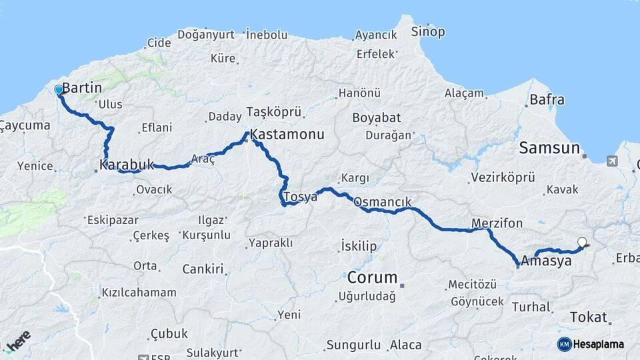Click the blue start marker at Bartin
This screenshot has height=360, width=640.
coord(59,89)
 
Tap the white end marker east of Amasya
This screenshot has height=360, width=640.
coord(582,243)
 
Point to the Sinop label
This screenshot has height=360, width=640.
coord(427,31)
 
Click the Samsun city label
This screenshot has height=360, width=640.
coord(549,148)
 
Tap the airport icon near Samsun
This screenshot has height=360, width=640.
coord(612,161)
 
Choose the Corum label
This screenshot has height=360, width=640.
coord(372,277)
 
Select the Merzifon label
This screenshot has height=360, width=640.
coord(497,223)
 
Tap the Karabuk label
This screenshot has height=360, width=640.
coord(127,164)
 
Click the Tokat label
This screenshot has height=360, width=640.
coord(589,317)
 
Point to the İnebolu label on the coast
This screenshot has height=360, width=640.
coord(266,34)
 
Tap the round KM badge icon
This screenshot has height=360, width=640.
coord(565,344)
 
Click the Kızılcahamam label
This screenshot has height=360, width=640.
coord(139,292)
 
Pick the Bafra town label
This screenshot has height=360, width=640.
coord(547,100)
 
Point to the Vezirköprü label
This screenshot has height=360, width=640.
coord(503,177)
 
